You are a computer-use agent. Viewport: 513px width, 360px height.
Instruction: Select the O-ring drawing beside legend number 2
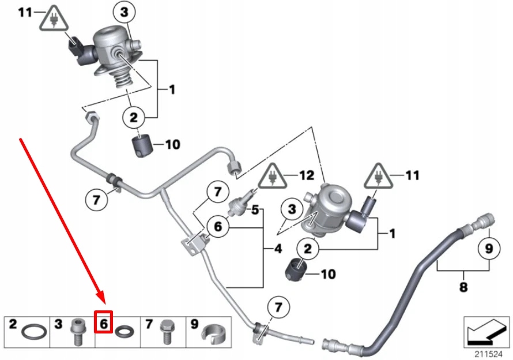pyautogui.click(x=32, y=332)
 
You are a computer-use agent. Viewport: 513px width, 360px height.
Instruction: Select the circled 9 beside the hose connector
pyautogui.click(x=489, y=249)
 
